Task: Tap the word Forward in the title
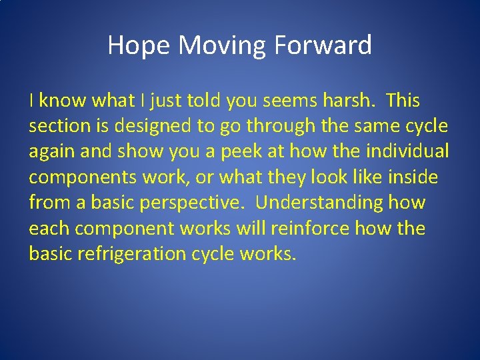[x=321, y=46]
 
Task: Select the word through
[x=269, y=127]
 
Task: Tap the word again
[x=53, y=152]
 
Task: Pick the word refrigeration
[x=135, y=253]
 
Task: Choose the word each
[x=49, y=228]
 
